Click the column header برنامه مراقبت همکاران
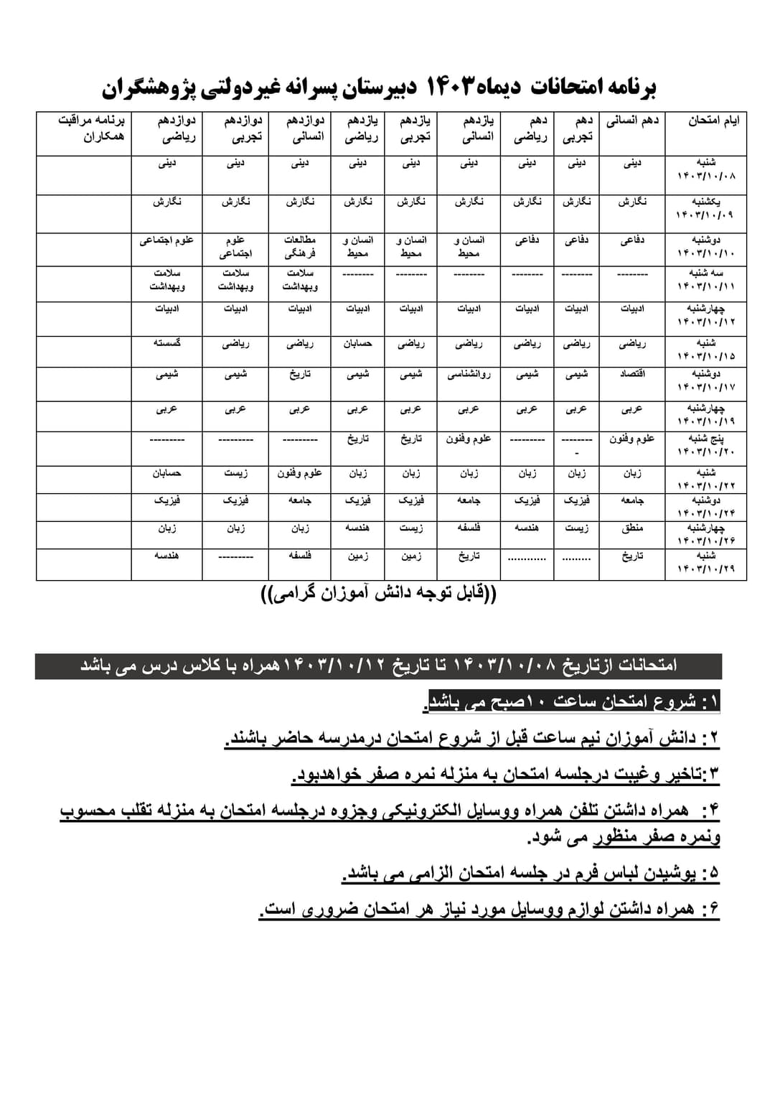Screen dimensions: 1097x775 point(91,128)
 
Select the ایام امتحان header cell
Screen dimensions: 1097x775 point(713,121)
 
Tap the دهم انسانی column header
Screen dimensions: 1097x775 point(632,121)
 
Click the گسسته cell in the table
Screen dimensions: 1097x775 point(166,343)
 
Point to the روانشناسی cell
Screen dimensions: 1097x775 point(469,374)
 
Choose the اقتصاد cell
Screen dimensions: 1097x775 point(632,374)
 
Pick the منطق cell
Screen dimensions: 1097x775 point(632,528)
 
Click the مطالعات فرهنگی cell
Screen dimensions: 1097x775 point(300,246)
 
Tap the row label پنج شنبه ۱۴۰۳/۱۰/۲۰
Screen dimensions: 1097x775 point(706,444)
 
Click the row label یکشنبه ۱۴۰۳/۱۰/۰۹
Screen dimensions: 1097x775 point(706,208)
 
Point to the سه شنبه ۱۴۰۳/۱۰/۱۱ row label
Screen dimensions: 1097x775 point(706,280)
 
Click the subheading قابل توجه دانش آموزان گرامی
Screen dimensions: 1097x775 point(378,594)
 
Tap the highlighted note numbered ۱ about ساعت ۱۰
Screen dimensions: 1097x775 point(574,702)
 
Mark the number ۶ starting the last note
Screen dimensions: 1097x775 point(710,910)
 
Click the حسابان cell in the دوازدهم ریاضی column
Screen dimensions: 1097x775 point(166,473)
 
